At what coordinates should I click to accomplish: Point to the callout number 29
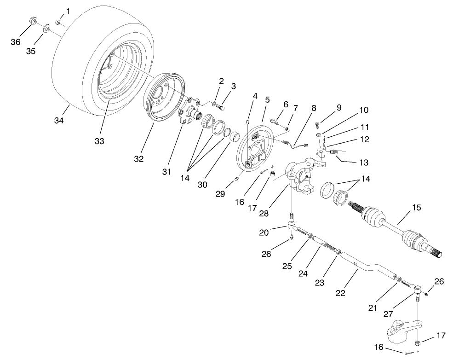click(220, 194)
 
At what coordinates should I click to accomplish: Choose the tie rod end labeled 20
click(292, 226)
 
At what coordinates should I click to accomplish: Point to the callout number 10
click(363, 110)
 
